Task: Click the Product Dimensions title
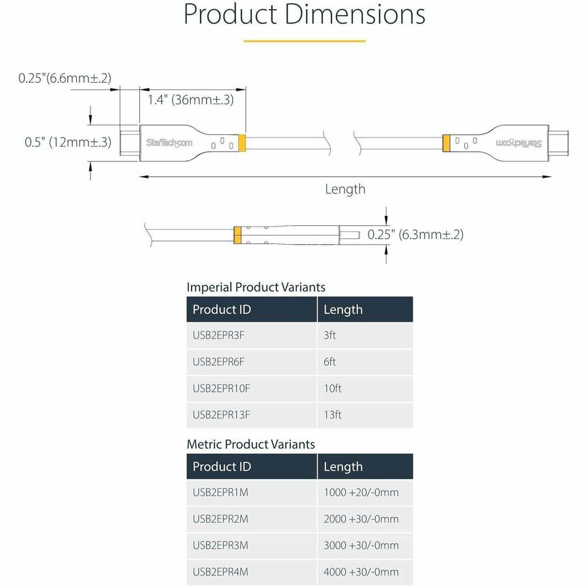[304, 14]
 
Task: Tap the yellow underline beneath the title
[304, 41]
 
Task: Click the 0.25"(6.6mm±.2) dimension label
[64, 78]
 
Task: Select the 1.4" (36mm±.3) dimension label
[190, 100]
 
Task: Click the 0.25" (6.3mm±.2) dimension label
[415, 234]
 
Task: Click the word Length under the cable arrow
[345, 189]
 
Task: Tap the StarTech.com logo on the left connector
[169, 142]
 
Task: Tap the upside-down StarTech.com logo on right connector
[519, 142]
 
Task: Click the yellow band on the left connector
[242, 142]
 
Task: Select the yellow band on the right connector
[447, 142]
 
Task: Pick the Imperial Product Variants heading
[256, 287]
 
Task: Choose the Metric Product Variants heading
[251, 445]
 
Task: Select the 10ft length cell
[333, 389]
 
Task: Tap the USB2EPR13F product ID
[221, 415]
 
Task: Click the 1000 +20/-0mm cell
[361, 493]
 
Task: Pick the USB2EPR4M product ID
[221, 572]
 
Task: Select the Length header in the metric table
[343, 467]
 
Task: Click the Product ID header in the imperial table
[221, 310]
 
